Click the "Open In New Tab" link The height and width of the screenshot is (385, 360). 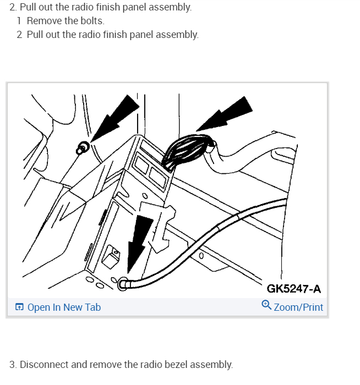64,307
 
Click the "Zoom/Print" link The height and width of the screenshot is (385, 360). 298,307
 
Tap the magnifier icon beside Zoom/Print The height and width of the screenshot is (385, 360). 266,306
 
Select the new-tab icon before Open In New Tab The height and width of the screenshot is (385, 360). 19,307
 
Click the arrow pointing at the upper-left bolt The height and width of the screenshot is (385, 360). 116,116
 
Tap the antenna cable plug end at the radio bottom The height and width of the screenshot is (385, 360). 124,284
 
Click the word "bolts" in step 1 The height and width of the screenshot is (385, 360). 91,21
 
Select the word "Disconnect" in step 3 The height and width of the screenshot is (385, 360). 46,364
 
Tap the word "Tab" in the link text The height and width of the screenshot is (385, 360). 92,307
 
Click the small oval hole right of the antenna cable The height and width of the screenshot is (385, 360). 201,255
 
